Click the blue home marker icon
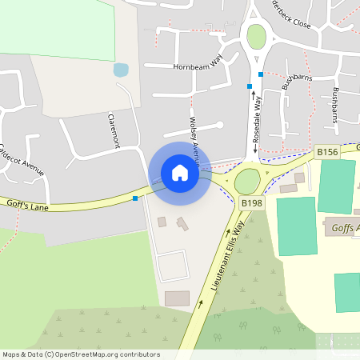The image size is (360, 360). [179, 173]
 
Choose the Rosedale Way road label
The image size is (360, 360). [257, 121]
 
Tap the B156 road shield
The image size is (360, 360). [326, 151]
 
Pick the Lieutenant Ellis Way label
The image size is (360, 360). [226, 259]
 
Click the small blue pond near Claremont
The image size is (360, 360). [121, 70]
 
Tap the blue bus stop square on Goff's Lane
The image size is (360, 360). [135, 198]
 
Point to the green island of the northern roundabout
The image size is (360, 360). [255, 36]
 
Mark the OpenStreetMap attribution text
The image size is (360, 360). [81, 354]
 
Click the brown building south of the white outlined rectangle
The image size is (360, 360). [177, 298]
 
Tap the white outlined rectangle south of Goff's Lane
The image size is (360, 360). [172, 266]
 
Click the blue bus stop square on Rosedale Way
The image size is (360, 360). [260, 74]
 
